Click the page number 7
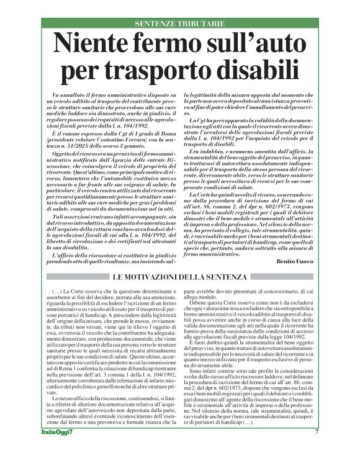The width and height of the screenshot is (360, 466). [x=317, y=449]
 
